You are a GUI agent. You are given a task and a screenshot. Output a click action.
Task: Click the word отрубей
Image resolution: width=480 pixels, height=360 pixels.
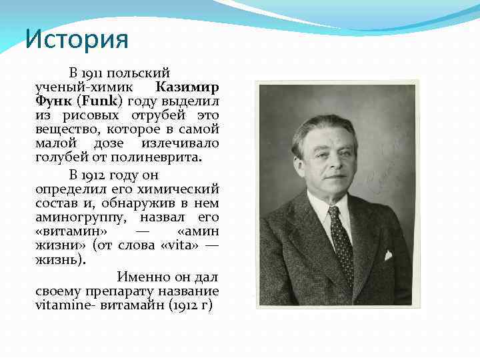(x=146, y=115)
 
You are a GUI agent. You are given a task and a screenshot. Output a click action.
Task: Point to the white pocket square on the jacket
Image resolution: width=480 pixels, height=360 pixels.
(x=387, y=255)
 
